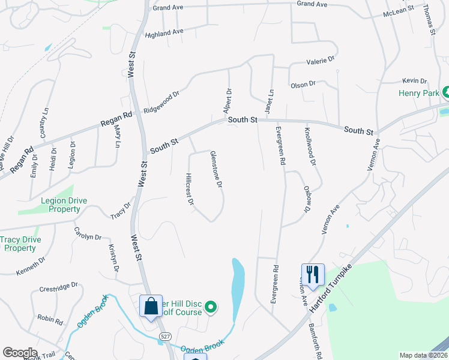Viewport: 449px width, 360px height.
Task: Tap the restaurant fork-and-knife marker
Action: tap(313, 274)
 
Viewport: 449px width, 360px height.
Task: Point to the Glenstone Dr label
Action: tap(217, 168)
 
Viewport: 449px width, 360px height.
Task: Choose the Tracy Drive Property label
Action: tap(21, 244)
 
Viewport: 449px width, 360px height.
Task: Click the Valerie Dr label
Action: tap(321, 60)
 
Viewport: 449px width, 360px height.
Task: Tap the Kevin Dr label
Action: tap(414, 80)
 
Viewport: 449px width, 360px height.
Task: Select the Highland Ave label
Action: tap(164, 32)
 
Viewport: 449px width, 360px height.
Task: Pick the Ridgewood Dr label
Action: tap(161, 103)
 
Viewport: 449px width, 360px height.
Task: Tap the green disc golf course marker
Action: tap(211, 308)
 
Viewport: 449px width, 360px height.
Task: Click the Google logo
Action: tap(20, 353)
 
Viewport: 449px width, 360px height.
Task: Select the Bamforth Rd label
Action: tap(316, 338)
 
